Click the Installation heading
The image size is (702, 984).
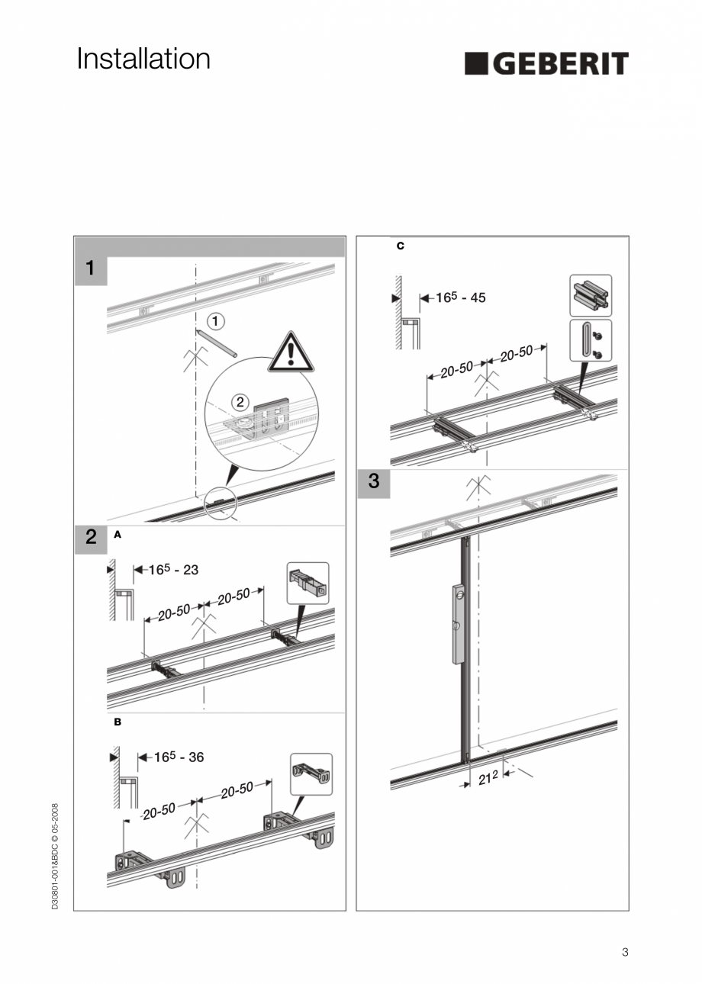143,59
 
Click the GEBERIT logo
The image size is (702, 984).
546,63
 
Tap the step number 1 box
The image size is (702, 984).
91,269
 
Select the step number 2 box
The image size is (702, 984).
91,537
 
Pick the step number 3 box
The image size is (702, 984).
373,482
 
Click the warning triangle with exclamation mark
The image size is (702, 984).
291,352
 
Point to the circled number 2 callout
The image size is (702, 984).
240,400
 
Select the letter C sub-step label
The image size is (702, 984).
401,246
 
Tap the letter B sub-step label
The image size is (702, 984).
118,721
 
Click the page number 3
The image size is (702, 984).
625,951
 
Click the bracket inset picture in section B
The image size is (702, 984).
311,773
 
